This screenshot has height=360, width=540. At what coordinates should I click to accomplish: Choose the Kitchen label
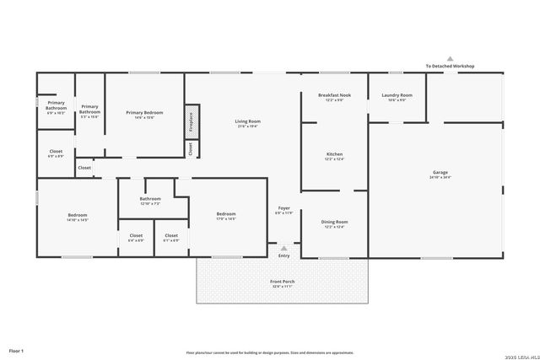click(x=334, y=155)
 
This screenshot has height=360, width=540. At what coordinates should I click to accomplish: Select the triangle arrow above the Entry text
click(x=283, y=248)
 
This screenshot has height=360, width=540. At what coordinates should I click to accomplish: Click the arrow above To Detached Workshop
click(x=450, y=58)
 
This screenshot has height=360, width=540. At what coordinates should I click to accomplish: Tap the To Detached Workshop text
click(x=450, y=66)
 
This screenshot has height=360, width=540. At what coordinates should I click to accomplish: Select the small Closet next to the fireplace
click(x=192, y=149)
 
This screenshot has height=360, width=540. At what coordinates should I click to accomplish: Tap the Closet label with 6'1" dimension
click(x=171, y=237)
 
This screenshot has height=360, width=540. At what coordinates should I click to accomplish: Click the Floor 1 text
click(x=16, y=350)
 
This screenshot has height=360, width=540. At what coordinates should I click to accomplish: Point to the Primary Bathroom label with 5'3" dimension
click(x=89, y=109)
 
